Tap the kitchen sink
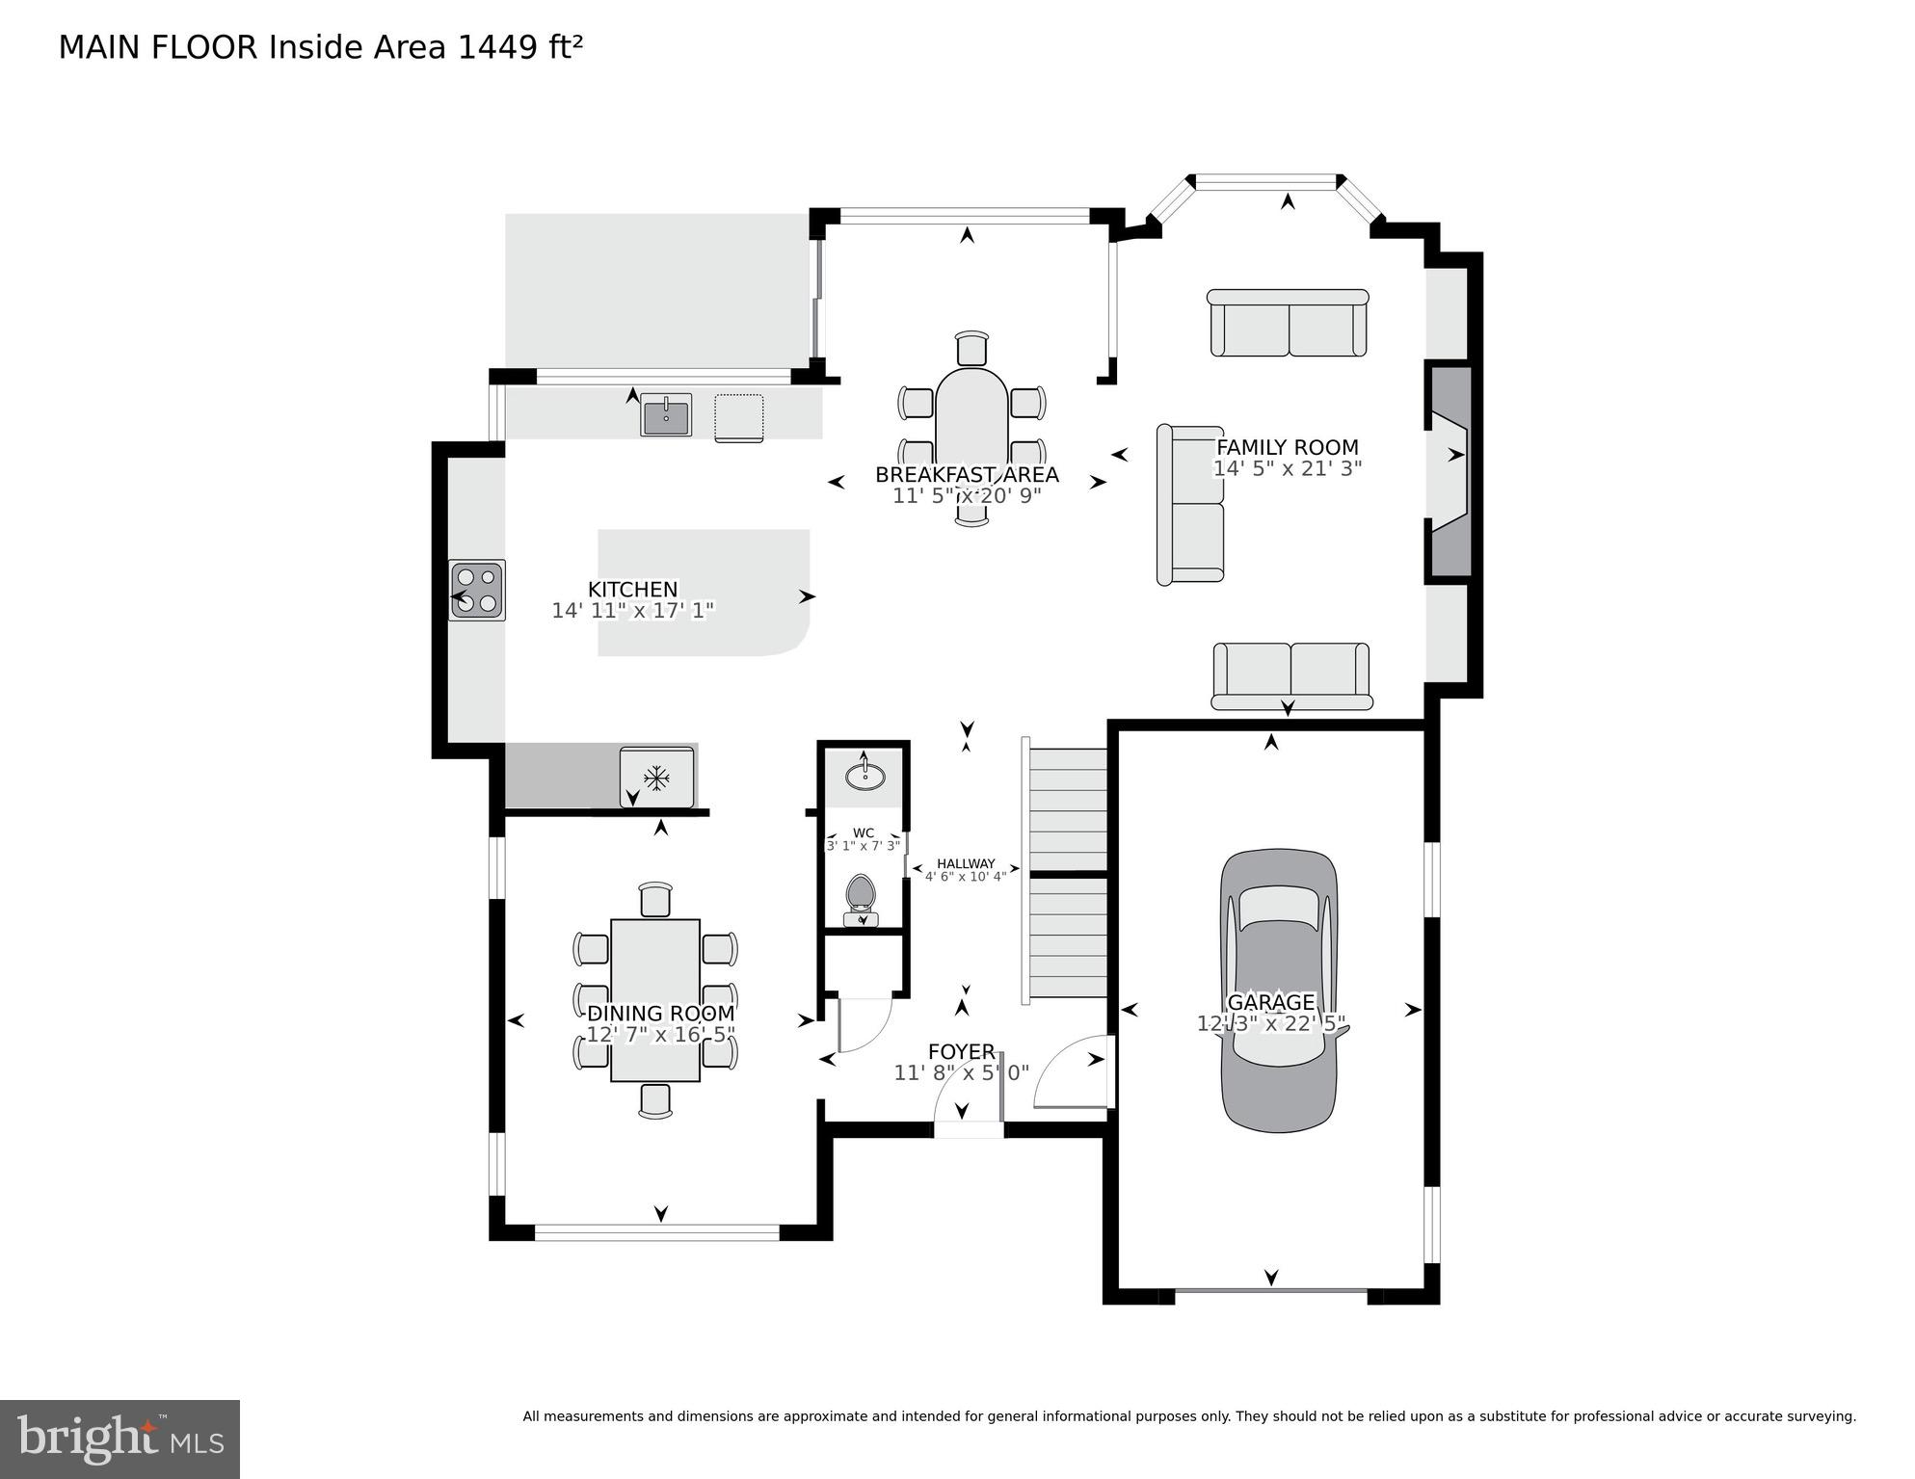point(666,415)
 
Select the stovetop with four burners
point(477,590)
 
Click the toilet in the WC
point(860,896)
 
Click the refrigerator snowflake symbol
point(656,777)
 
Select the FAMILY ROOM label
point(1287,447)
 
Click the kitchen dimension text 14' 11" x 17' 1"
point(632,611)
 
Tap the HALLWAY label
point(966,864)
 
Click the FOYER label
point(961,1052)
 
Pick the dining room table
point(655,999)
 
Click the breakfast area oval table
point(971,434)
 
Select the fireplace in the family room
point(1449,471)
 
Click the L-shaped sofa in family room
point(1190,505)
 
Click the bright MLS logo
point(120,1439)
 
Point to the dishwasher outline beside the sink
point(739,417)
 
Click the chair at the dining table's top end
point(655,899)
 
